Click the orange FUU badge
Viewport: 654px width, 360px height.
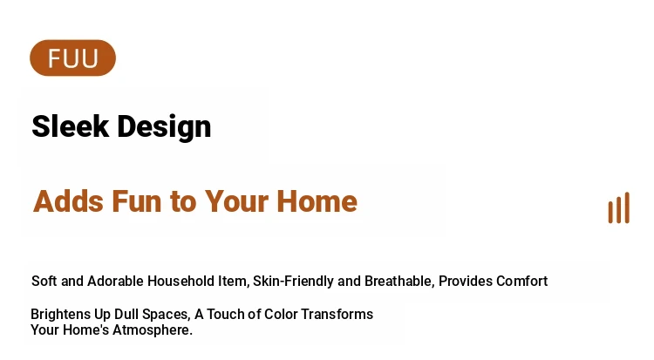tap(72, 58)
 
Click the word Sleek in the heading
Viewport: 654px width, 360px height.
tap(70, 126)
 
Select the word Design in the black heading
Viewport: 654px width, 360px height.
tap(164, 127)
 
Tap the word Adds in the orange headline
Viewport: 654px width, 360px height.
tap(68, 201)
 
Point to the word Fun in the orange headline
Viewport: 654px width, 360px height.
tap(137, 201)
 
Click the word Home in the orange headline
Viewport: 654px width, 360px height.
tap(317, 201)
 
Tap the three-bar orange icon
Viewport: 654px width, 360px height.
tap(619, 207)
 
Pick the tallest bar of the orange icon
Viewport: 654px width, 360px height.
tap(627, 207)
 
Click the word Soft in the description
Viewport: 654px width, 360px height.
tap(44, 282)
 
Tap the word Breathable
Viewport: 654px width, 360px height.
tap(399, 282)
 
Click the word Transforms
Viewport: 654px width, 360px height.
tap(337, 314)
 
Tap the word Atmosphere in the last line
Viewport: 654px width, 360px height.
tap(153, 330)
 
